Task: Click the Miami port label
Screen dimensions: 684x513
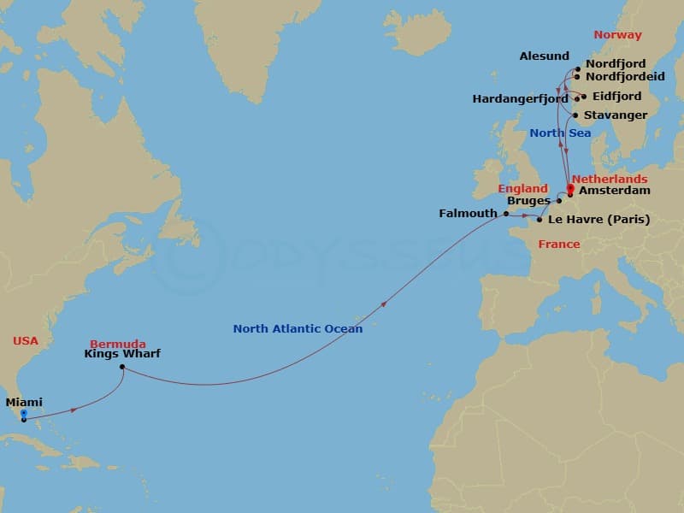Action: click(24, 402)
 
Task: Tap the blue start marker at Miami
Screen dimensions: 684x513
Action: click(24, 415)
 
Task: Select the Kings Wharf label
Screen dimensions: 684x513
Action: click(122, 353)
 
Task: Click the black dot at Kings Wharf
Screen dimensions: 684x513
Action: click(122, 368)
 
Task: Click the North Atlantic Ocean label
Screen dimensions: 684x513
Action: click(298, 328)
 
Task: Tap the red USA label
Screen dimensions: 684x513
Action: click(26, 340)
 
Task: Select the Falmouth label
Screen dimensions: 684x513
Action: click(469, 214)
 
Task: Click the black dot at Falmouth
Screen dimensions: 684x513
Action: click(506, 214)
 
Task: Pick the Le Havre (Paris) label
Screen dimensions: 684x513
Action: click(598, 220)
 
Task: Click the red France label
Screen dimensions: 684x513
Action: click(558, 245)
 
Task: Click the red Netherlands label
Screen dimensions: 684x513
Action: click(609, 179)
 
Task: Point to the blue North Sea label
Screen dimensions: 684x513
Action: click(559, 133)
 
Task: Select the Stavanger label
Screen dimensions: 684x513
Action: click(615, 115)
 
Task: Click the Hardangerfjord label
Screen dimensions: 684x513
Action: click(520, 99)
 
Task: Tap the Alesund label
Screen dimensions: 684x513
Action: click(544, 56)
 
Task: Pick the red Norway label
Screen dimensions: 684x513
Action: click(617, 35)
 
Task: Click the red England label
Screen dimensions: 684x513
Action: click(523, 188)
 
